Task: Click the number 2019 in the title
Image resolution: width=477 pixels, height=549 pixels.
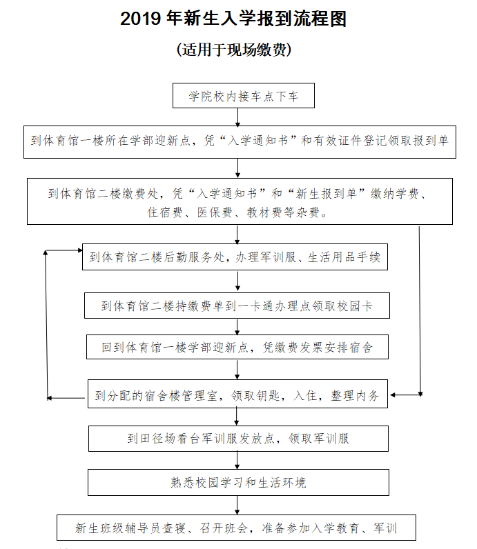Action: (x=142, y=19)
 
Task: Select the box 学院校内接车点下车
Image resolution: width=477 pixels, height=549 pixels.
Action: (x=244, y=96)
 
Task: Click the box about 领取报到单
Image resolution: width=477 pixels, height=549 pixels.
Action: (x=240, y=141)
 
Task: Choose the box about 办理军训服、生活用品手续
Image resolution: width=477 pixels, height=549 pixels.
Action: (x=235, y=258)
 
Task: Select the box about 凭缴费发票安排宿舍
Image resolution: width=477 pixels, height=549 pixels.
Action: (x=237, y=348)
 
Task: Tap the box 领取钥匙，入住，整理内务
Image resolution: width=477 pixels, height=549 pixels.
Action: (x=237, y=395)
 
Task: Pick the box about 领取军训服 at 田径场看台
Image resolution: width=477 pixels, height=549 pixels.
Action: (x=237, y=438)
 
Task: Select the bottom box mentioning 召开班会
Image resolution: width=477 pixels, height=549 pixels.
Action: (x=237, y=528)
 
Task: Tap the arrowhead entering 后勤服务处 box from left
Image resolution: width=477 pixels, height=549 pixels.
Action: (x=79, y=250)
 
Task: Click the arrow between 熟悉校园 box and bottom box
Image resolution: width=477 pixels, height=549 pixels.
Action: (x=237, y=505)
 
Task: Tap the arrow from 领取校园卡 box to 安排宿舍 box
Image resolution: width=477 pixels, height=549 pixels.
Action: (x=237, y=327)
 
